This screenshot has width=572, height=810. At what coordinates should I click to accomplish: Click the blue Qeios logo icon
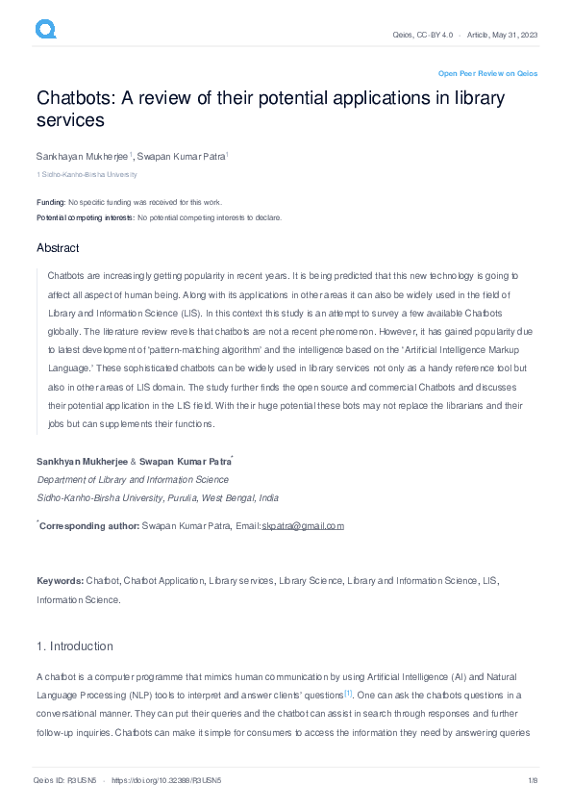pos(45,31)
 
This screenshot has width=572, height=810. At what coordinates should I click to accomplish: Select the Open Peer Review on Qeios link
pos(487,73)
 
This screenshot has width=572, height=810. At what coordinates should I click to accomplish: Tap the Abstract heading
pos(58,248)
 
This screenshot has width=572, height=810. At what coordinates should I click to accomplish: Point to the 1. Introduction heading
pos(75,645)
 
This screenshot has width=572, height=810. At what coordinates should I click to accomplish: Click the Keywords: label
pos(61,581)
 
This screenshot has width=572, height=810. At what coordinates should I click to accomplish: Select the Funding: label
pos(51,202)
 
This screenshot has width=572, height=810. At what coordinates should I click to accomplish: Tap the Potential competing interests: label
pos(86,217)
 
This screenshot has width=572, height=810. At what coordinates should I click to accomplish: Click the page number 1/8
pos(532,780)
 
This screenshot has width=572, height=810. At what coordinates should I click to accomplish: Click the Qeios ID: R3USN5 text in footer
pos(64,780)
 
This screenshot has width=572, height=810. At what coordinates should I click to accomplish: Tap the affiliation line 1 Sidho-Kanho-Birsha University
pos(87,175)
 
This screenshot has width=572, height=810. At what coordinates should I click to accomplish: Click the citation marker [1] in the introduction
pos(348,693)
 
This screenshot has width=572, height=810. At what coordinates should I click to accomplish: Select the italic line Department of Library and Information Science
pos(133,479)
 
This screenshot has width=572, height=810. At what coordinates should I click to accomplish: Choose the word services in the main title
pos(70,121)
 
